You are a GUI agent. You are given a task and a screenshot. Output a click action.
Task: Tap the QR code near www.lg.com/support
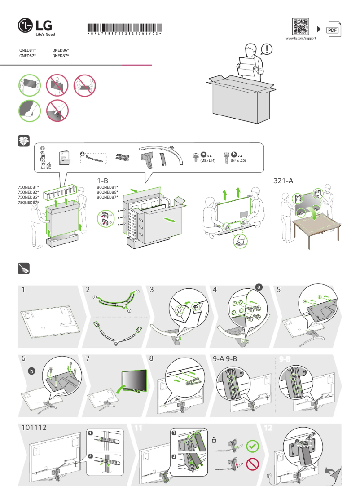point(300,27)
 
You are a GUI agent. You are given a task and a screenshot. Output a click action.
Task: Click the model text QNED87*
point(61,56)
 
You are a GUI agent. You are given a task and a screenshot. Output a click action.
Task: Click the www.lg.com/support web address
point(301,39)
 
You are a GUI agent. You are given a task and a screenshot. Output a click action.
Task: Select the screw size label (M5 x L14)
point(206,160)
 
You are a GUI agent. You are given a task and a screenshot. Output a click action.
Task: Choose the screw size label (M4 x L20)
point(238,160)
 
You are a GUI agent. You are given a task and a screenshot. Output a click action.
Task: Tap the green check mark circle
point(253,447)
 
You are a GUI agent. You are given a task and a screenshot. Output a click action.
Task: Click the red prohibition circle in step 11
point(253,465)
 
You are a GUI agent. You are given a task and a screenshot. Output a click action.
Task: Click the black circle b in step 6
point(31,371)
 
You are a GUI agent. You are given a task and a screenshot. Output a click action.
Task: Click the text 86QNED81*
point(107,187)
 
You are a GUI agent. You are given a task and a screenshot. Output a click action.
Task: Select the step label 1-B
point(102,181)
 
